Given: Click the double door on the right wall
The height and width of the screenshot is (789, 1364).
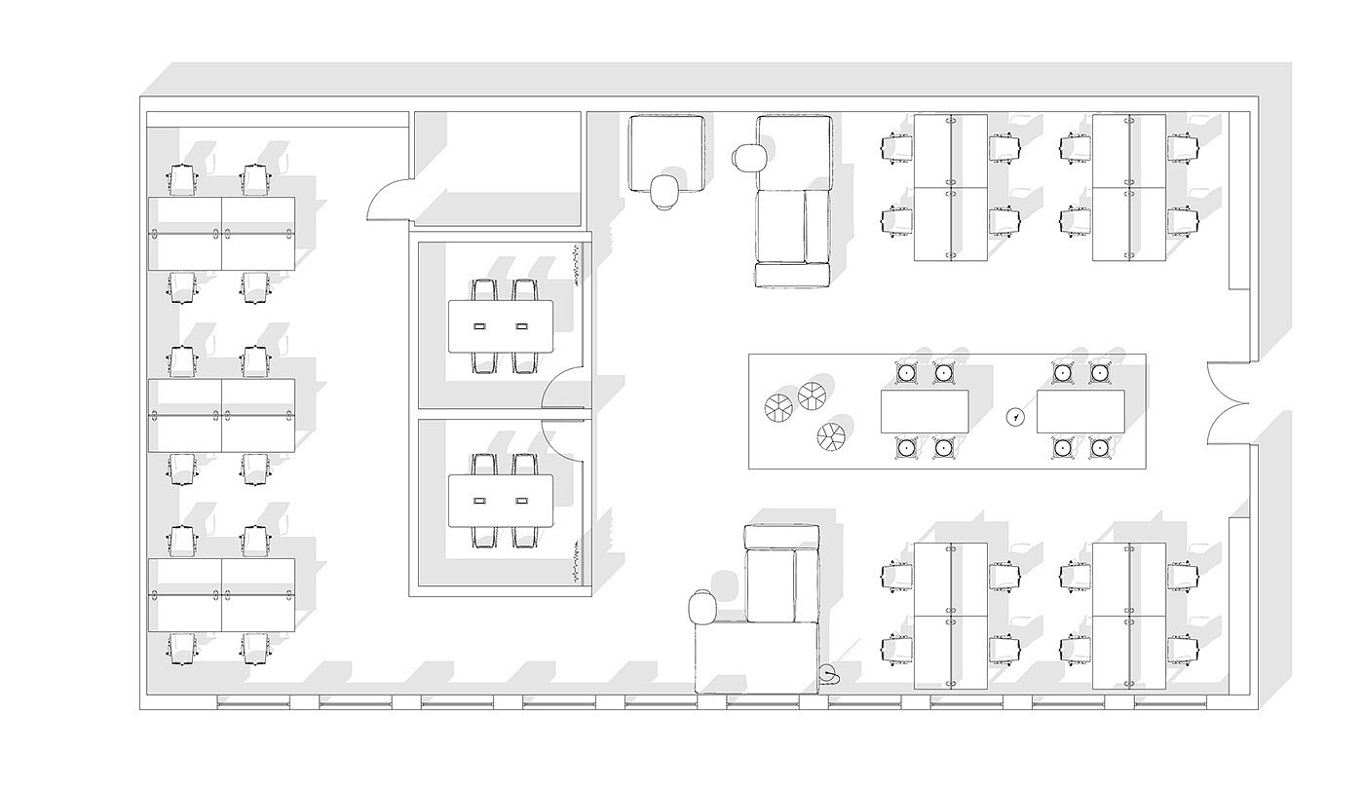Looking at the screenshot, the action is [1226, 401].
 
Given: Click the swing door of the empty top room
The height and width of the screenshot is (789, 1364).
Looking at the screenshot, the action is [388, 200].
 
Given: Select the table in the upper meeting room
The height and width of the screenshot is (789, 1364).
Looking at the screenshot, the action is [501, 325].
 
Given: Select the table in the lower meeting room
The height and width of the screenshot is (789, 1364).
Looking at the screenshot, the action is [501, 501].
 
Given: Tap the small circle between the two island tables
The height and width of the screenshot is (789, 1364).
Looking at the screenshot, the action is [1016, 416].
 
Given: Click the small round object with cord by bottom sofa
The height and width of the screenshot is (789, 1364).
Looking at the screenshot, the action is [829, 673].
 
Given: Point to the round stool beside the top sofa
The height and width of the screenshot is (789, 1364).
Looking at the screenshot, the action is [747, 157].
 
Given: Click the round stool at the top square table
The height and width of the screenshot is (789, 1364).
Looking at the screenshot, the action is [667, 192].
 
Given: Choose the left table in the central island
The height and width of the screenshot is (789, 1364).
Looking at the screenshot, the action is [925, 411].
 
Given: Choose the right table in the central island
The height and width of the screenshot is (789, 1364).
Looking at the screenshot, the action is [1080, 411].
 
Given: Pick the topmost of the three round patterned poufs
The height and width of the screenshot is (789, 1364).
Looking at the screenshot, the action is [812, 395].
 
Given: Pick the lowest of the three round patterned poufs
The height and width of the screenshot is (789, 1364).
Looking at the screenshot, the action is [831, 435].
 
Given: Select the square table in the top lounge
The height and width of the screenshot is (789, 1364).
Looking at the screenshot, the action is [667, 151].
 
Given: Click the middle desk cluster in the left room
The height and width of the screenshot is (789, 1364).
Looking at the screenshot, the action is [221, 415].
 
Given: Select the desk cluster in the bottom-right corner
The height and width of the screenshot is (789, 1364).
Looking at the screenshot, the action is [1129, 616].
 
